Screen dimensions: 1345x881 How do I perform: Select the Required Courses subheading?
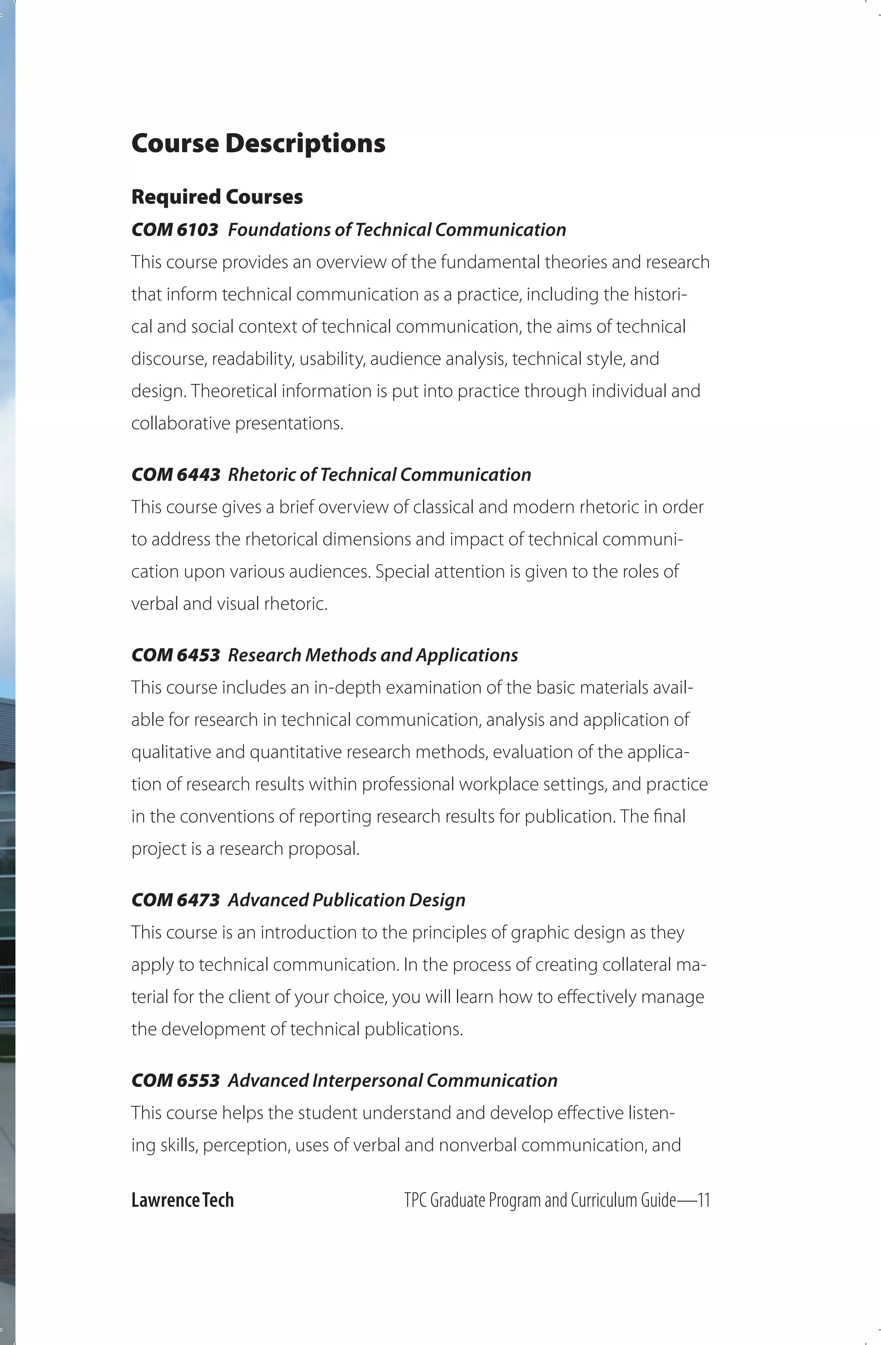[217, 197]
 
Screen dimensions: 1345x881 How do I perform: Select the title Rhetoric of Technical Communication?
[379, 475]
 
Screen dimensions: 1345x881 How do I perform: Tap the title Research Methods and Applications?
[373, 655]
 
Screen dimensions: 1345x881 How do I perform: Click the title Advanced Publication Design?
[346, 900]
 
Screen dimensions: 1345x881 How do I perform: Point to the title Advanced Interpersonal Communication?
[393, 1080]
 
